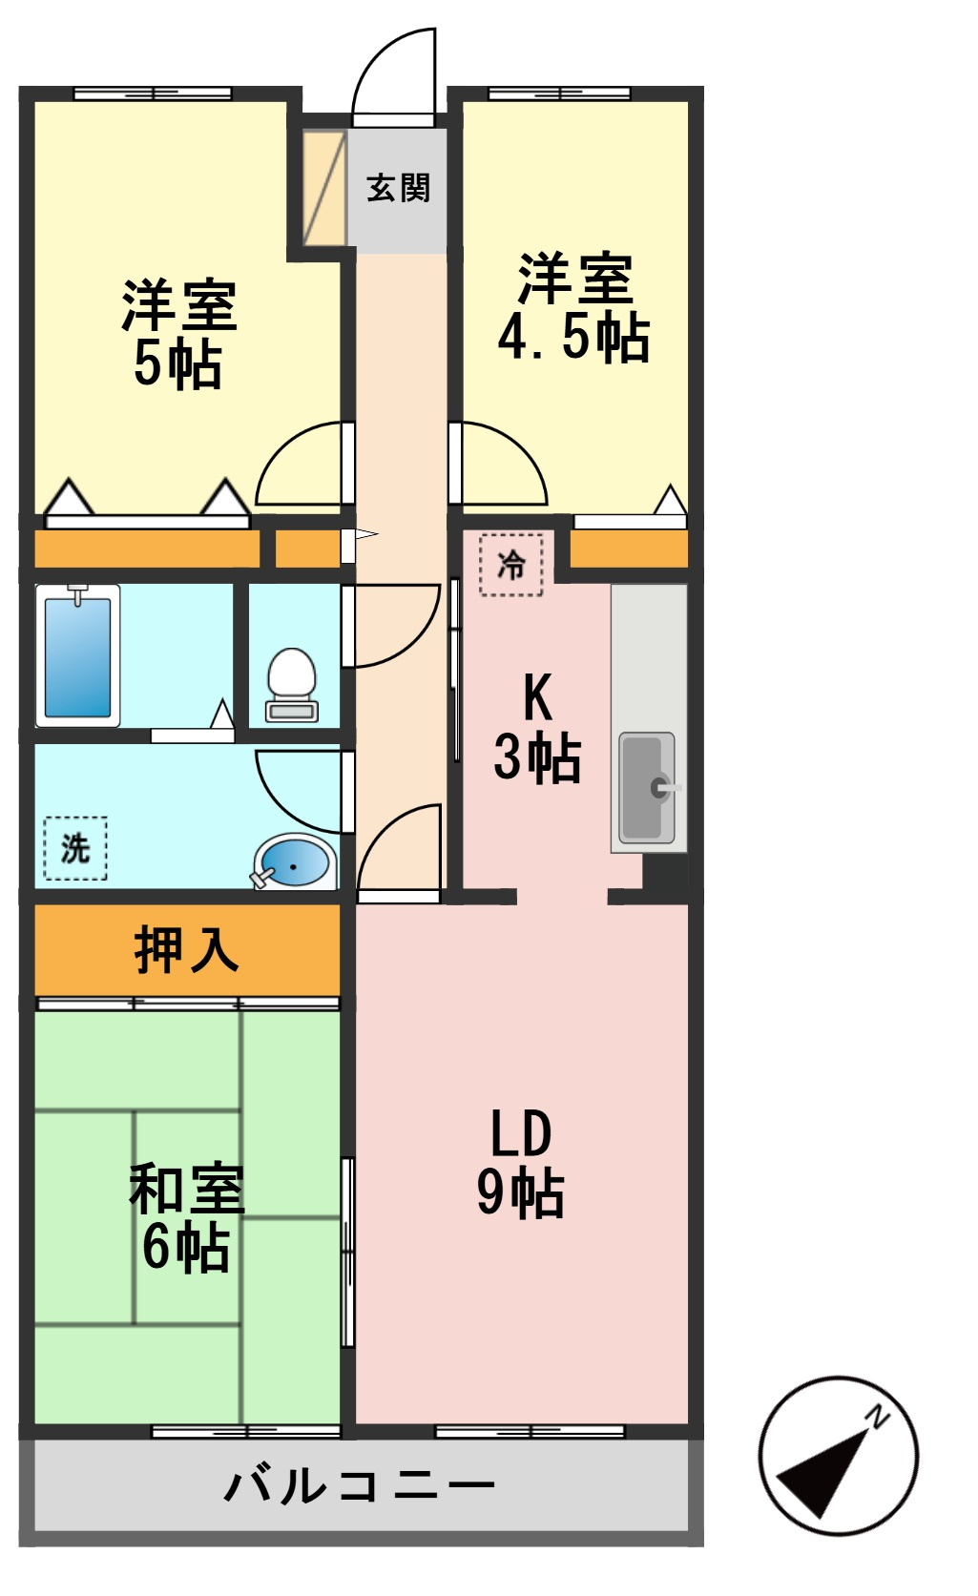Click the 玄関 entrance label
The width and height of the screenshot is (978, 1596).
398,188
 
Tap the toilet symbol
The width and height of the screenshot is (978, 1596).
292,685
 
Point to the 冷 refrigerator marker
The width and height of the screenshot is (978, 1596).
511,565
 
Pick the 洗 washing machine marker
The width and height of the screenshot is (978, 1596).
75,848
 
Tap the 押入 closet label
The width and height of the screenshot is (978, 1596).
187,950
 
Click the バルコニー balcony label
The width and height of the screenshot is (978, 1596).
360,1484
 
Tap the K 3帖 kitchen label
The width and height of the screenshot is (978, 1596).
537,728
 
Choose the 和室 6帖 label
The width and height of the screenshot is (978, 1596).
187,1217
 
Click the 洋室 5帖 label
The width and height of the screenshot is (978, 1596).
179,334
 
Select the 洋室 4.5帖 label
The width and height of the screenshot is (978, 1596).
573,307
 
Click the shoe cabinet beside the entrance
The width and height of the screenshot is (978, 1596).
324,187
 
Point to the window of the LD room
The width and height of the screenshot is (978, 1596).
530,1431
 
